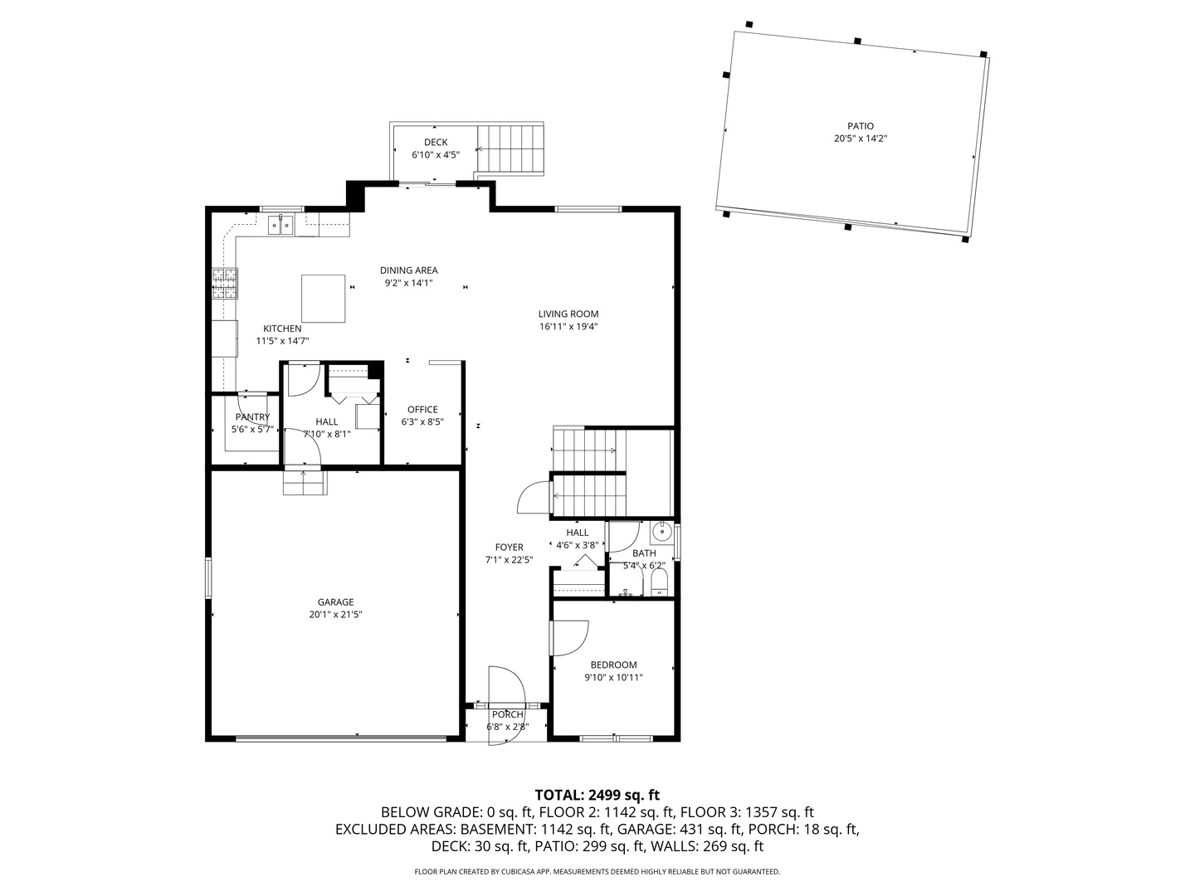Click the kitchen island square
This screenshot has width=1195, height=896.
(x=323, y=299)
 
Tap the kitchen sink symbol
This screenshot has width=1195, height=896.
(x=280, y=224)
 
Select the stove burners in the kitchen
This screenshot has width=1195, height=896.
(x=225, y=284)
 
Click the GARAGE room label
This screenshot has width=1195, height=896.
(x=335, y=602)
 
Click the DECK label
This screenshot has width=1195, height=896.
(x=436, y=143)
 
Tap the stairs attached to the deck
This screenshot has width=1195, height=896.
(x=511, y=149)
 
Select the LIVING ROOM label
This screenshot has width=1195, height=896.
(x=568, y=314)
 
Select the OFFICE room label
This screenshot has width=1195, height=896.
(x=422, y=409)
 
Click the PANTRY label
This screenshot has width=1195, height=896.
(x=252, y=417)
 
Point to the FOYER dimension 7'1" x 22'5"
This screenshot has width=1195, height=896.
(x=509, y=560)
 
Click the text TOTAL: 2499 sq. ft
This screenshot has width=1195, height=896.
(x=597, y=795)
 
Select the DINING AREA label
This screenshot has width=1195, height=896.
(x=408, y=270)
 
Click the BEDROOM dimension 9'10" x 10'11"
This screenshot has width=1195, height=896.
(x=613, y=677)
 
